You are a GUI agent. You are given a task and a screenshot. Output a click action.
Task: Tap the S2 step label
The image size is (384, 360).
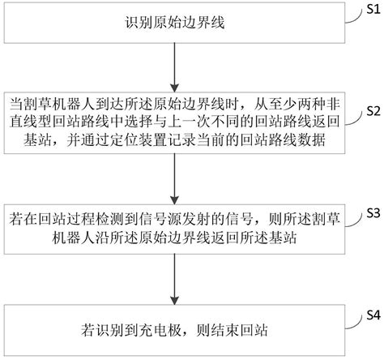[370, 111]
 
